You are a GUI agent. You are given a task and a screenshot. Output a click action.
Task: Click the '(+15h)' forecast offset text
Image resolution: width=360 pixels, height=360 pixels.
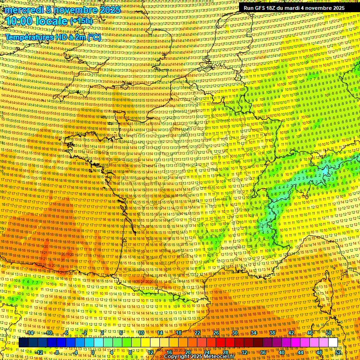[81, 21]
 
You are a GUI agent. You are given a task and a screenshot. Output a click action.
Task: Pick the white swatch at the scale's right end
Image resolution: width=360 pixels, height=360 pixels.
[333, 343]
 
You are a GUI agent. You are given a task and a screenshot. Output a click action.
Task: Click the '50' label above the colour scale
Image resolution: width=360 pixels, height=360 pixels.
[329, 333]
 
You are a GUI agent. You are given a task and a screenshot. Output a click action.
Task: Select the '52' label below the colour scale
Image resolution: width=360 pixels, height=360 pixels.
[337, 352]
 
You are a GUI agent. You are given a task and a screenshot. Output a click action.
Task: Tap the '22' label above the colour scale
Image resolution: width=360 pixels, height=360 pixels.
[197, 333]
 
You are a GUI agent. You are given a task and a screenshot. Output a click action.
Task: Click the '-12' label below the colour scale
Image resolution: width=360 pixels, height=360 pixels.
[39, 352]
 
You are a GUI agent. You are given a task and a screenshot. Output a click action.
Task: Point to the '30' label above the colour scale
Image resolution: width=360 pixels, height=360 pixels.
[235, 333]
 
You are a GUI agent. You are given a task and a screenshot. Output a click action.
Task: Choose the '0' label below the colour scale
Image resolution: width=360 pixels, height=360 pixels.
[93, 352]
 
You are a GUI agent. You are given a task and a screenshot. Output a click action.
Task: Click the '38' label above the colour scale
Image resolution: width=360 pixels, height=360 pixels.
[272, 333]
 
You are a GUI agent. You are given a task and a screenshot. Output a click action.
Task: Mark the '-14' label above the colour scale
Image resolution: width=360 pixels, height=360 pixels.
[30, 333]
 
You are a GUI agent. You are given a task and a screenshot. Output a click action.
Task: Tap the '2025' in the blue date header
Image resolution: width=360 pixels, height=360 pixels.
[105, 10]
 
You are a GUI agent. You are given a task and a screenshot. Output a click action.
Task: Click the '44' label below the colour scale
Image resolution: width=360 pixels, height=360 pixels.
[300, 352]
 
